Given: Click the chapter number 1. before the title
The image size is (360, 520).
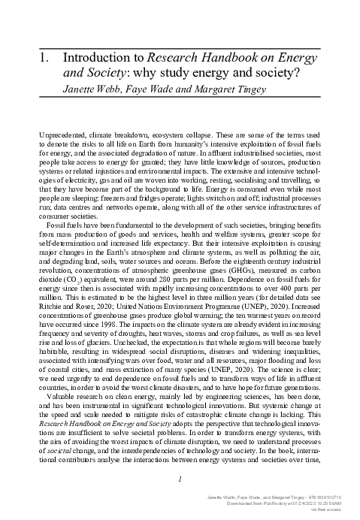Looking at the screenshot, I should [43, 56].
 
